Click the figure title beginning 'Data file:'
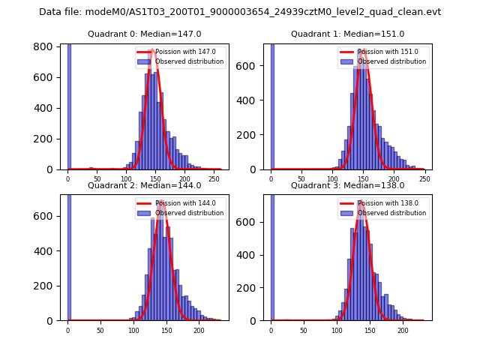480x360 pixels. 240,12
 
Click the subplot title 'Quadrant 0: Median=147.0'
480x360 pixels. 144,34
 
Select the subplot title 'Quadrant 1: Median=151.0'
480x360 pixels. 347,34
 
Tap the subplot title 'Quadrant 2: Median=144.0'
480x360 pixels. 144,185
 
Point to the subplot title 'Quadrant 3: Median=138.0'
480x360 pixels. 347,185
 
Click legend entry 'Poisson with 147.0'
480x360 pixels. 179,52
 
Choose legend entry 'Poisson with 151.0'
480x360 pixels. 382,52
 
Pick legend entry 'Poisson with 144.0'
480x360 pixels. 179,203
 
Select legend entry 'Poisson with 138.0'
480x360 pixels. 382,203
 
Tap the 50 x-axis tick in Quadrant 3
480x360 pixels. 304,330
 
